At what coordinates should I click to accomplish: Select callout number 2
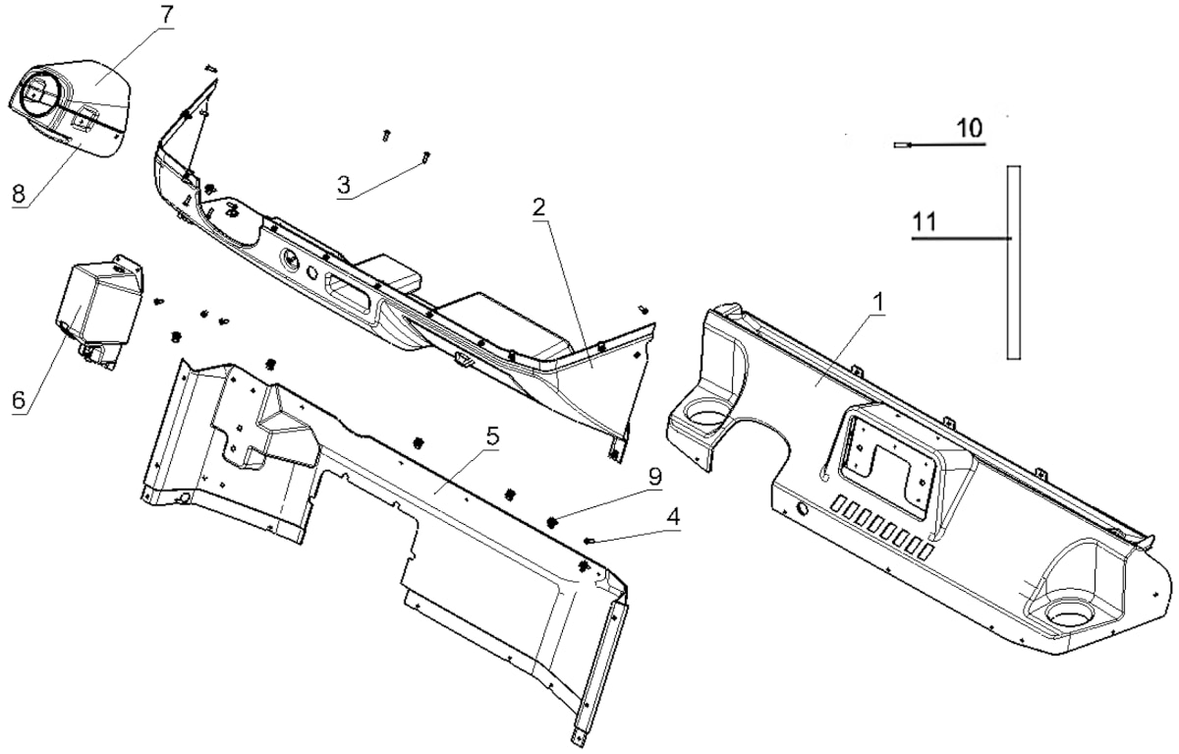coord(538,208)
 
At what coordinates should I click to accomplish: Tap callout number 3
coord(343,186)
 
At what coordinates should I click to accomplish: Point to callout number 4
coord(673,516)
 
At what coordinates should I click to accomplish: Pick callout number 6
coord(19,401)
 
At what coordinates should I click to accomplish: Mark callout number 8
coord(19,194)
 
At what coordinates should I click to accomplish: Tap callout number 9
coord(654,477)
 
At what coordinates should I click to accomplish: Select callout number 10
coord(970,128)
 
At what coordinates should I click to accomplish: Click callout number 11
coord(925,222)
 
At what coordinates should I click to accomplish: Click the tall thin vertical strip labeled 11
coord(1014,262)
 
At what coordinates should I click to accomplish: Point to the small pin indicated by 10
coord(902,145)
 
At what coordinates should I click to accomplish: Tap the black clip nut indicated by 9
coord(552,522)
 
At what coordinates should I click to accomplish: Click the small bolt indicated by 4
coord(589,540)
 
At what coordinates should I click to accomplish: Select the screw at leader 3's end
coord(425,156)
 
